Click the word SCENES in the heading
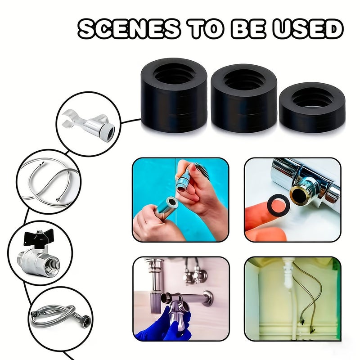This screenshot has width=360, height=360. (129, 29)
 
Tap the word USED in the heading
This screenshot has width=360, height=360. (307, 29)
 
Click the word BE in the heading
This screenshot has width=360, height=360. (248, 29)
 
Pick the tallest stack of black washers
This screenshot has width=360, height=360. (174, 95)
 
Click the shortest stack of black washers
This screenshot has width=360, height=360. (312, 107)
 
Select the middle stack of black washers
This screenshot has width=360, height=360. (244, 98)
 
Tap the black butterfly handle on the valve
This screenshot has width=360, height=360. (39, 238)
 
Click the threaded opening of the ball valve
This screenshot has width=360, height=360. (52, 266)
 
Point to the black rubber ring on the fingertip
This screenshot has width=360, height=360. (278, 204)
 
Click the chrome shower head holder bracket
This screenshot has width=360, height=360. (89, 125)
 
